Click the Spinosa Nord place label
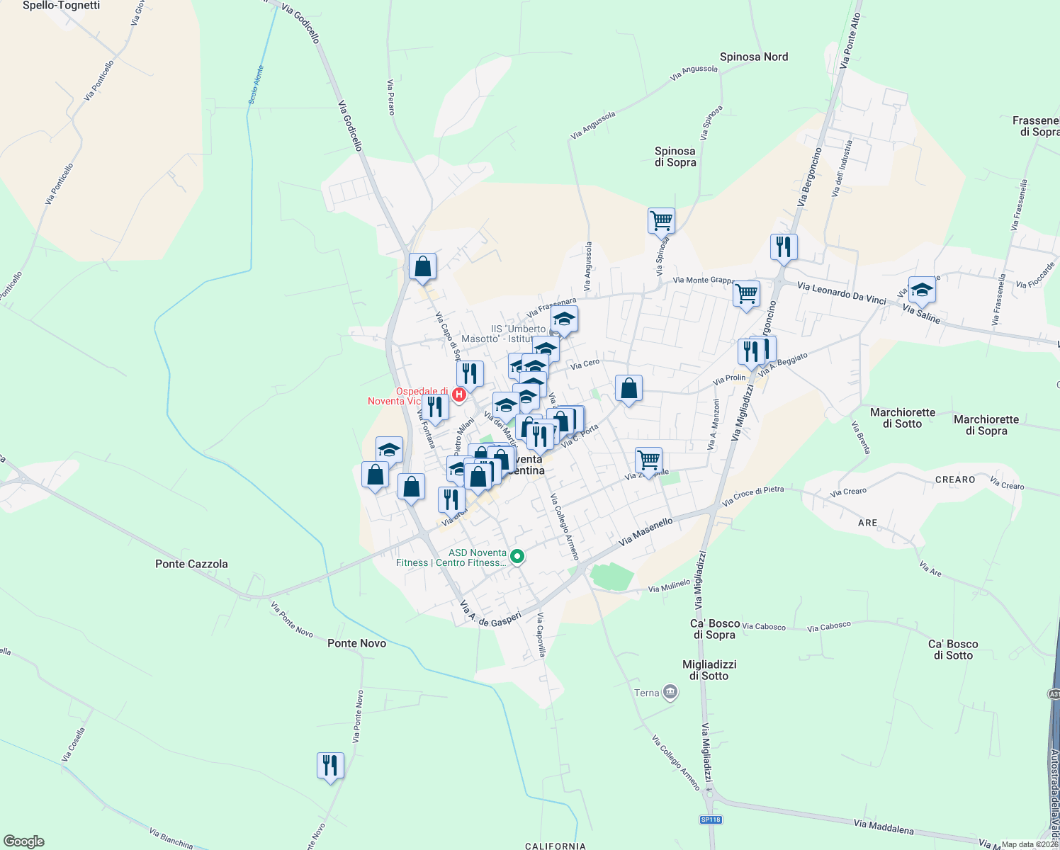[x=753, y=57]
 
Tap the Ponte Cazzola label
[x=191, y=564]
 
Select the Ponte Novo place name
[x=356, y=643]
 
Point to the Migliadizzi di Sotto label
[x=709, y=670]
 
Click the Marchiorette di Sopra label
[x=986, y=425]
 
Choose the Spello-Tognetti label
[x=61, y=6]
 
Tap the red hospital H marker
[x=459, y=395]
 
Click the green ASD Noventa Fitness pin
[x=517, y=557]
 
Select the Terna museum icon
[x=670, y=693]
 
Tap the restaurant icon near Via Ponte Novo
[x=330, y=765]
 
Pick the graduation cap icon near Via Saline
[x=921, y=289]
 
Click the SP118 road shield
[x=710, y=820]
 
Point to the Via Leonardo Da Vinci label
[x=841, y=293]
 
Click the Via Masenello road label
[x=645, y=531]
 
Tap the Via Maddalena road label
[x=883, y=826]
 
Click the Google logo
[x=23, y=841]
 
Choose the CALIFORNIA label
[x=556, y=846]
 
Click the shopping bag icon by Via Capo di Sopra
[x=422, y=267]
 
